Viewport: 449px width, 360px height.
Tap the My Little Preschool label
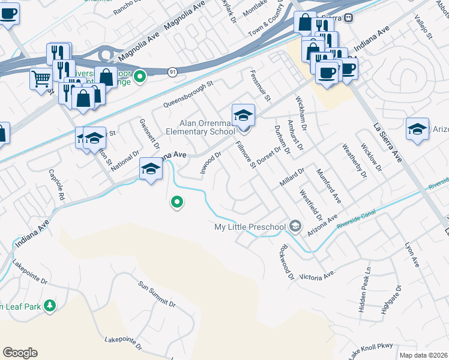click(251, 227)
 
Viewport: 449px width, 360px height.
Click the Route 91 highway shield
click(172, 71)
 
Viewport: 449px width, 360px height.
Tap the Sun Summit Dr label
click(157, 295)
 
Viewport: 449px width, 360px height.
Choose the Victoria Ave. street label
click(316, 276)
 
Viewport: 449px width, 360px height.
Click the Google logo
click(20, 352)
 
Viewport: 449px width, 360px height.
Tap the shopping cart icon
click(40, 78)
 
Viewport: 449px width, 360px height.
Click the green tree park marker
click(50, 306)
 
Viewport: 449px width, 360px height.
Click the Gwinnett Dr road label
click(149, 134)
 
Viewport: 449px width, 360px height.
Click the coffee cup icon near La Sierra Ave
click(327, 72)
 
